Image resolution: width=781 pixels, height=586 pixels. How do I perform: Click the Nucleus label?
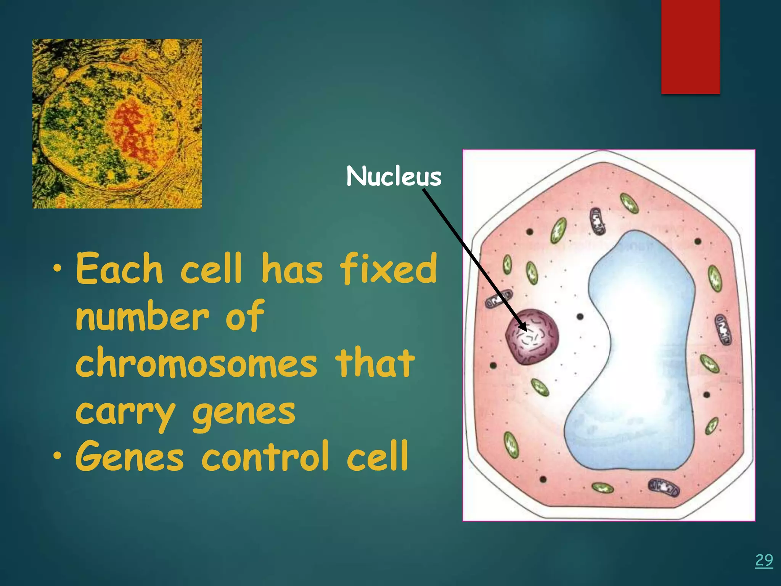[x=394, y=177]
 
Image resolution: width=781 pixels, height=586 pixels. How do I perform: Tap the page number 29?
[x=764, y=560]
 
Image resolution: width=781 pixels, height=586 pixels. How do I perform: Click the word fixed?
[x=389, y=269]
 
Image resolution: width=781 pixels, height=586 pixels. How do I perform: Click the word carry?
[x=125, y=413]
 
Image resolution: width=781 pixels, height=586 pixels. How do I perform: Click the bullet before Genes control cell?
[x=57, y=456]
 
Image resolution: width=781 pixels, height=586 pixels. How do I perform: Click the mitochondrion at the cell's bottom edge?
[x=664, y=488]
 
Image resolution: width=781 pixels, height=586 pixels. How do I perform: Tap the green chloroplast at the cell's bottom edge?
[x=603, y=488]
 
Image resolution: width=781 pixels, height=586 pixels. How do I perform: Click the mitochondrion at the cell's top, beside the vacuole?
[x=598, y=221]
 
